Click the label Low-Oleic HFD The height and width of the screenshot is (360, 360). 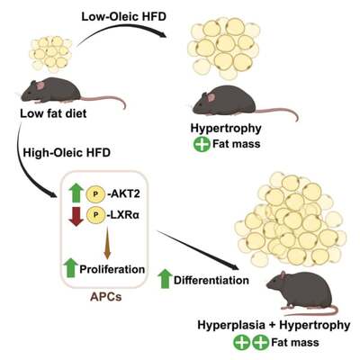[x=123, y=16]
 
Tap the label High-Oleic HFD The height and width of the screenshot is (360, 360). [x=67, y=153]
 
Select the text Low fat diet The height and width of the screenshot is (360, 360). [x=53, y=113]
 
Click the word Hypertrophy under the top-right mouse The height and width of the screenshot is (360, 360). [x=226, y=129]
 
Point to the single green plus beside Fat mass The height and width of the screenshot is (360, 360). [x=202, y=144]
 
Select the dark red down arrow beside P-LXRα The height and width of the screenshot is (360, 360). [x=76, y=217]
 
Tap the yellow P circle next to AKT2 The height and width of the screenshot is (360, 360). [x=95, y=193]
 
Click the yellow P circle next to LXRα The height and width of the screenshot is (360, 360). [x=95, y=215]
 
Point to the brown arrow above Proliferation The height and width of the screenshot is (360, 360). [x=107, y=243]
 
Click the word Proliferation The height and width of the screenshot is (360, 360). [x=112, y=269]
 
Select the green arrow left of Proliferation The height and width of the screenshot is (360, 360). [x=71, y=267]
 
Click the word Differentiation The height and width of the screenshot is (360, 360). [x=211, y=280]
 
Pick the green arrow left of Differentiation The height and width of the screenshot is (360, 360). [x=165, y=279]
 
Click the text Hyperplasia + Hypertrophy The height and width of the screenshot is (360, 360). [x=274, y=325]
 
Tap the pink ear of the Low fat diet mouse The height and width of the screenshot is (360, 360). [x=40, y=85]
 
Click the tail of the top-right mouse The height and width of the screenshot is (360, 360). [x=276, y=112]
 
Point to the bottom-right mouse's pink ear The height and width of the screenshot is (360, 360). [x=283, y=275]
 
